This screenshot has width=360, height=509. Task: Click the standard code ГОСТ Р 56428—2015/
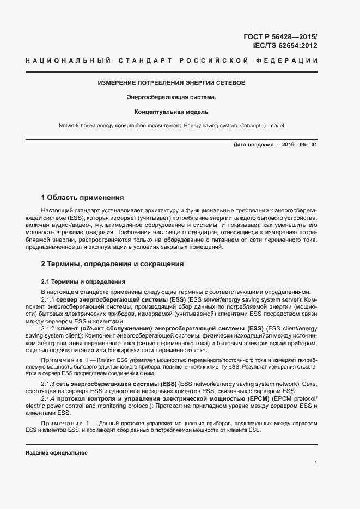[280, 36]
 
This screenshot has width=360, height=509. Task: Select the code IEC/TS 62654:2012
[285, 46]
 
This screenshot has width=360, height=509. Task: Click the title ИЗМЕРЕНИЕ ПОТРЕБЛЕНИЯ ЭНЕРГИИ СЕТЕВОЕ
[171, 83]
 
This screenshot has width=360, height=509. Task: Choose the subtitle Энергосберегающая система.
[171, 97]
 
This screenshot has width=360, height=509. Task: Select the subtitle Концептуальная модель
[171, 112]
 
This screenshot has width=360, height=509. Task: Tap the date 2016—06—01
[299, 145]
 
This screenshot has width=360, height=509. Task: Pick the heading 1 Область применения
[83, 197]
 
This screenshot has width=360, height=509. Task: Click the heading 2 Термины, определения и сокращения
[113, 264]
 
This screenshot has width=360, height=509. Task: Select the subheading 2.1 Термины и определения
[83, 281]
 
